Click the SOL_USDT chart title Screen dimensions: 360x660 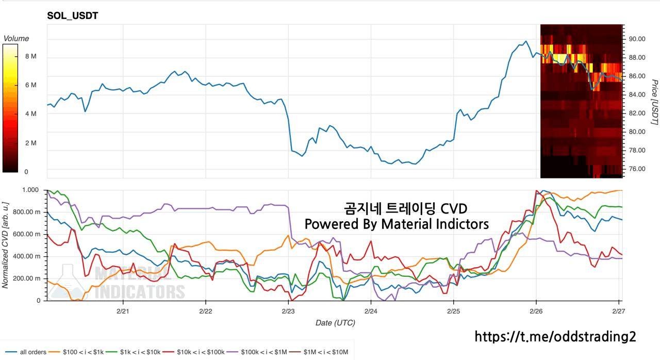(x=73, y=16)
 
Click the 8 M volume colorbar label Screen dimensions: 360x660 (x=30, y=56)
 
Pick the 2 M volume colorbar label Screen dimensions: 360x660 (x=30, y=143)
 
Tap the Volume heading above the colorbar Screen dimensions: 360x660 (x=16, y=39)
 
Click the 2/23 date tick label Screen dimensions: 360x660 (x=288, y=311)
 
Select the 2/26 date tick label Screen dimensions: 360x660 (x=536, y=311)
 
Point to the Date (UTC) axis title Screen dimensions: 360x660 (x=335, y=323)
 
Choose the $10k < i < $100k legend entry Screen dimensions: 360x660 (x=196, y=352)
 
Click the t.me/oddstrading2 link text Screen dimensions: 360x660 (x=555, y=336)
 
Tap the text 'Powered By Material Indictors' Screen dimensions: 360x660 (x=397, y=224)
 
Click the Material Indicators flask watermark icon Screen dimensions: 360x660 (x=69, y=282)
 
